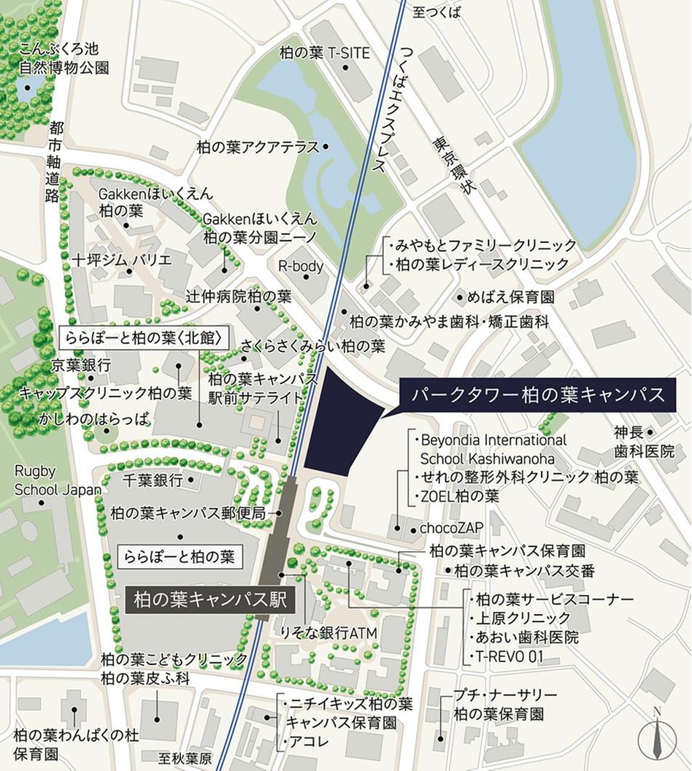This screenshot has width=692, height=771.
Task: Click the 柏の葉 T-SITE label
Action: pos(325,53)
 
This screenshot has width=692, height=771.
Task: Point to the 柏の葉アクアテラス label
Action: pos(258,147)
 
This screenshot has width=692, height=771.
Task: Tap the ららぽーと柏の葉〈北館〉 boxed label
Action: pos(142,338)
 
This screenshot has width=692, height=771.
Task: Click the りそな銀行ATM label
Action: pos(328,633)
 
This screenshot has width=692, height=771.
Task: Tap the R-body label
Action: pos(301,266)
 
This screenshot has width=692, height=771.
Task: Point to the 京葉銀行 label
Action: pos(81,364)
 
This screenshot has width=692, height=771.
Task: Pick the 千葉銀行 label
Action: pos(152,480)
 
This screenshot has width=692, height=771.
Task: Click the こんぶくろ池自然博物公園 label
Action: pos(64,58)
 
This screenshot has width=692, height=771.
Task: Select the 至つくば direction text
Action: pos(437,11)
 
